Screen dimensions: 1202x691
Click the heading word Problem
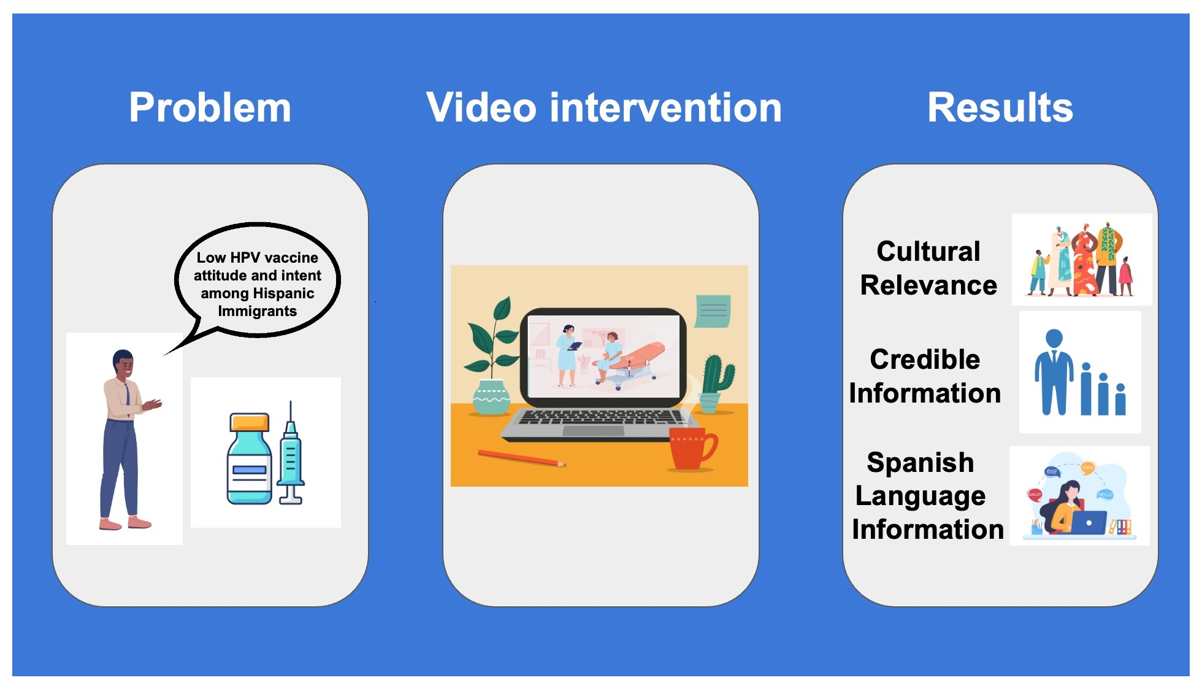pyautogui.click(x=210, y=108)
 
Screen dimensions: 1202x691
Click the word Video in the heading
pyautogui.click(x=481, y=108)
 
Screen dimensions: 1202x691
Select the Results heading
pyautogui.click(x=1000, y=108)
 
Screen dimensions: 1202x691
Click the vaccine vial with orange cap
pyautogui.click(x=249, y=458)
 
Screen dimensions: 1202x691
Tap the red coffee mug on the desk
pyautogui.click(x=692, y=449)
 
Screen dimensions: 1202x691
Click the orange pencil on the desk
pyautogui.click(x=521, y=458)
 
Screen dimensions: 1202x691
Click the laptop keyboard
pyautogui.click(x=598, y=417)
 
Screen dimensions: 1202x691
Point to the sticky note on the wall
pyautogui.click(x=713, y=311)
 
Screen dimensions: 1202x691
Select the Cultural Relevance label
pyautogui.click(x=928, y=268)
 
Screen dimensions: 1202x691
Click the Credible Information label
pyautogui.click(x=925, y=376)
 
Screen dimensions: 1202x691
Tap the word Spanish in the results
pyautogui.click(x=920, y=462)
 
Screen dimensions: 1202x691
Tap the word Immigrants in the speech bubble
pyautogui.click(x=257, y=311)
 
